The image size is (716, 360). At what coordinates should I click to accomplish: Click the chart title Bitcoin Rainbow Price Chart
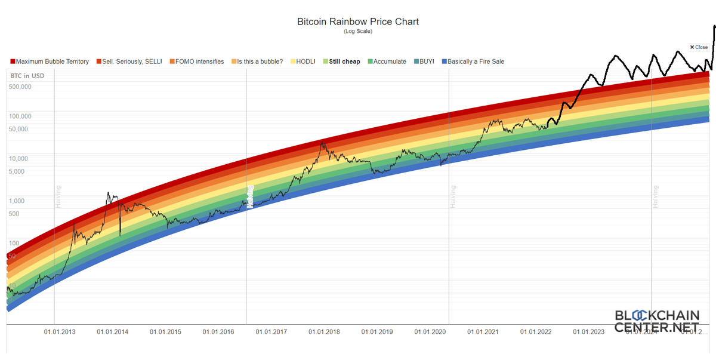tap(358, 21)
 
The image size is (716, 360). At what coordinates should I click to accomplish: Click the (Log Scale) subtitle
tap(358, 32)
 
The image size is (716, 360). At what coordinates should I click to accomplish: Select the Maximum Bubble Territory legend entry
tap(50, 61)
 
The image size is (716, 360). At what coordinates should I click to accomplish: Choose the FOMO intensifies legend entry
tap(196, 61)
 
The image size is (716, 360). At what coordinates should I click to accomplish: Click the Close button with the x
tap(699, 47)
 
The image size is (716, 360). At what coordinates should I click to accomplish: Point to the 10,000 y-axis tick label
tap(20, 159)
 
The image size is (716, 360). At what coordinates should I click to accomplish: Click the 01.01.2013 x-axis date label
tap(59, 332)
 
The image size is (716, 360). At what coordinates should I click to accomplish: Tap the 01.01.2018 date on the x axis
tap(325, 332)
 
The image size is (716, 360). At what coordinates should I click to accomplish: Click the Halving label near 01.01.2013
tap(58, 196)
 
